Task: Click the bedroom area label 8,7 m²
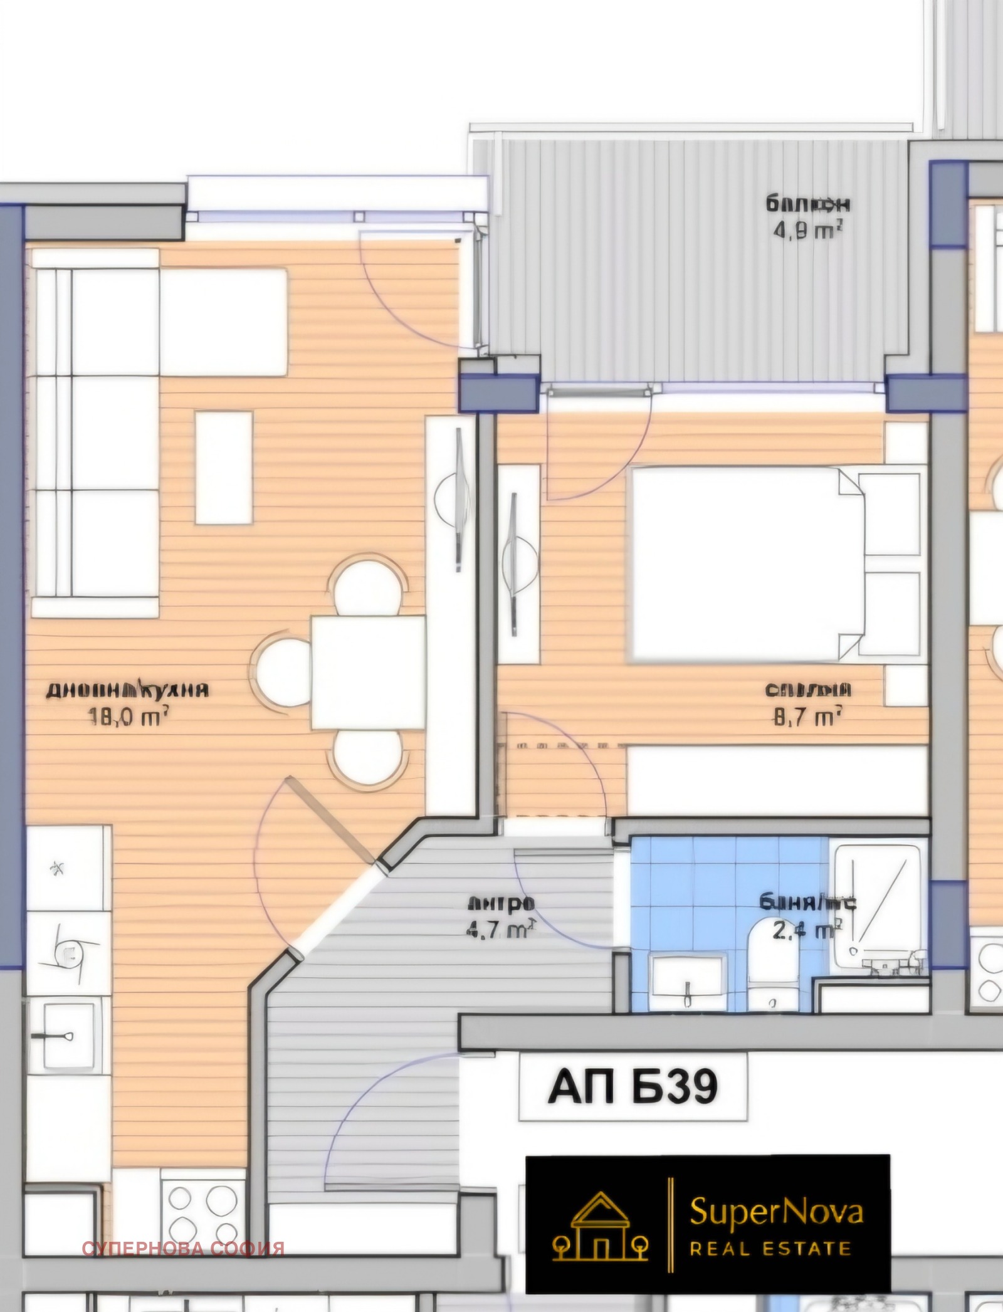(807, 716)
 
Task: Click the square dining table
(369, 671)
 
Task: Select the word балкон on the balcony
(807, 204)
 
